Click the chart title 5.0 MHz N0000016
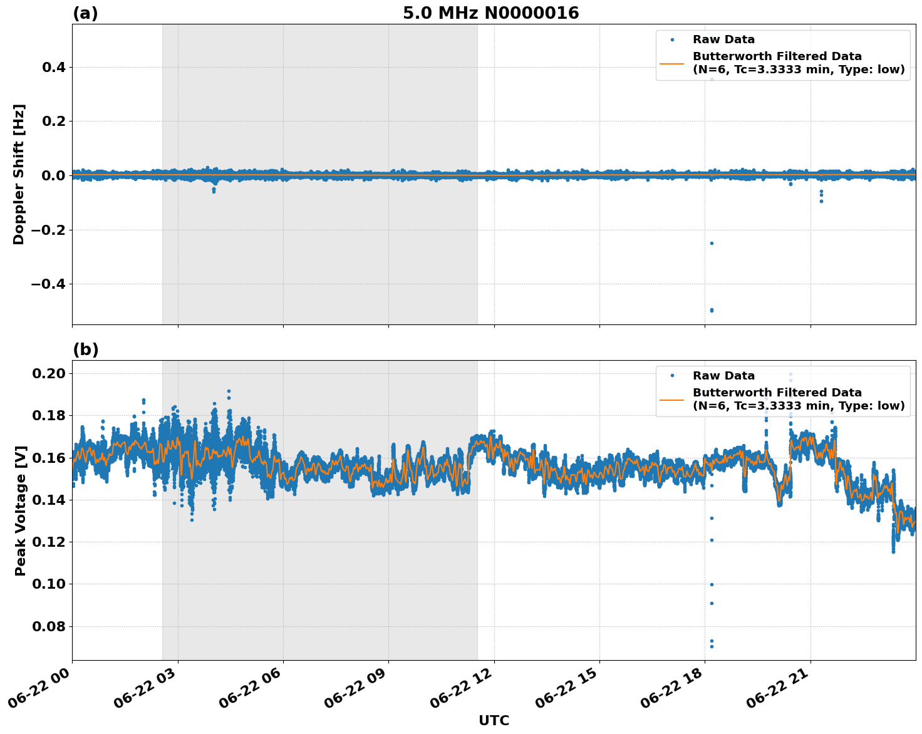(490, 13)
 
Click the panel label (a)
(85, 13)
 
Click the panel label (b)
(85, 349)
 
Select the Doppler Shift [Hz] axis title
(19, 174)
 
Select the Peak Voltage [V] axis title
(21, 510)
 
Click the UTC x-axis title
(494, 720)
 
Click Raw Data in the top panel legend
(723, 39)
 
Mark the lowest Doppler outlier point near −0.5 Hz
(712, 310)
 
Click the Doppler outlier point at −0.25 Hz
(712, 243)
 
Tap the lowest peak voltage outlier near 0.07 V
(712, 646)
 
